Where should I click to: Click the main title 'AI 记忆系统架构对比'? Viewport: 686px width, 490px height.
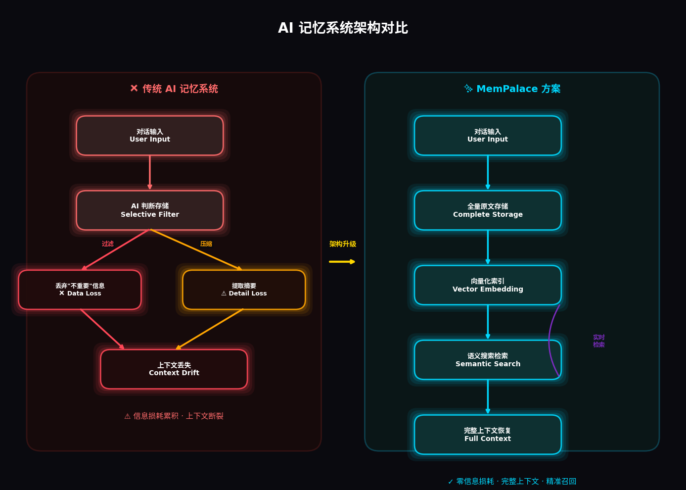343,28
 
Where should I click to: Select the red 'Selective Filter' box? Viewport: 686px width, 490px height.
150,210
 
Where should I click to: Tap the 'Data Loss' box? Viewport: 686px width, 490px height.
80,290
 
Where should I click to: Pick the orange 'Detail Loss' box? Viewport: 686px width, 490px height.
244,290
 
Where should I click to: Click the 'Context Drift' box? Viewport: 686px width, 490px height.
174,369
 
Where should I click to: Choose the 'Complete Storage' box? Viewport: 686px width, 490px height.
488,210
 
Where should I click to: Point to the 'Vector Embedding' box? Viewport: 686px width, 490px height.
488,285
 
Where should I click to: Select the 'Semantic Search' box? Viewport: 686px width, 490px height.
488,360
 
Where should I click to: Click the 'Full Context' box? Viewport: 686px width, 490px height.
488,435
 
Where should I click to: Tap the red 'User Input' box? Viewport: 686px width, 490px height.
150,136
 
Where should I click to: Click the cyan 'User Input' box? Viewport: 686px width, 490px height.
488,136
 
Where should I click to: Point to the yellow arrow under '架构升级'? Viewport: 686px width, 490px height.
342,261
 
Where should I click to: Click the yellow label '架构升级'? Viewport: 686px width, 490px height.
343,244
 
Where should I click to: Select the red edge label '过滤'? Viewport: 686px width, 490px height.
108,244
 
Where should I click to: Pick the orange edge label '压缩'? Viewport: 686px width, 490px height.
206,244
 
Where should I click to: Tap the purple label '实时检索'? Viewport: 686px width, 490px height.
599,341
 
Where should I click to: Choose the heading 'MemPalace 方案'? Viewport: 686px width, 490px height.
512,89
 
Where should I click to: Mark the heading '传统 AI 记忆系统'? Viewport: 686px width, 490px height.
174,89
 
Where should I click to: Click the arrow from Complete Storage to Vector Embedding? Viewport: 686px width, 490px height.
488,247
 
